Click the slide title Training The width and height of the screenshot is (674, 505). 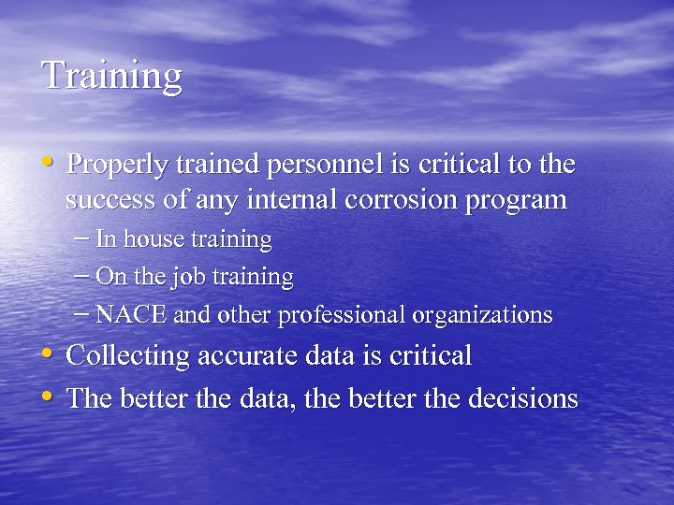point(112,76)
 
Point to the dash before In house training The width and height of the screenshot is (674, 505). point(81,238)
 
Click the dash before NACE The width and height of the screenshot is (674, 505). point(81,313)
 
